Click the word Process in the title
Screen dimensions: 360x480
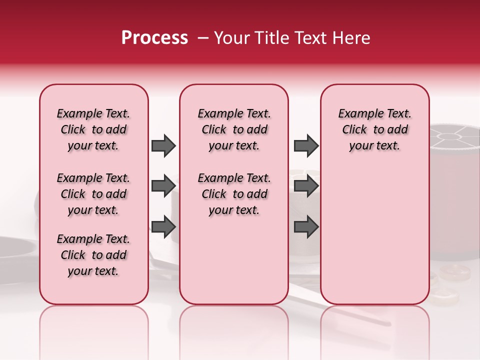tap(154, 38)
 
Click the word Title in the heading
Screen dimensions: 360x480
tap(274, 38)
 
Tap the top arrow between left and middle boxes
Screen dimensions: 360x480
tap(163, 145)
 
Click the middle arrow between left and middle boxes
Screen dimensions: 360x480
tap(163, 185)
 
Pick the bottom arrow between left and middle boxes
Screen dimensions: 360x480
tap(163, 226)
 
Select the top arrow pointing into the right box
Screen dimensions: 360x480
tap(306, 145)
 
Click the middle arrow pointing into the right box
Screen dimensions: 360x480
tap(306, 185)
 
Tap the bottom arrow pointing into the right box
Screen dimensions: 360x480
tap(306, 226)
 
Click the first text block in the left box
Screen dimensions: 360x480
tap(93, 129)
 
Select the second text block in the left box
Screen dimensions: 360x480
tap(93, 194)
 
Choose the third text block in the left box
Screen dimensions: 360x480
tap(93, 255)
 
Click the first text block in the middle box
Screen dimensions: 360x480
tap(234, 129)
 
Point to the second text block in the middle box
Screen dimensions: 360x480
tap(234, 194)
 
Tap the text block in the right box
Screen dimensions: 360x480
tap(374, 129)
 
